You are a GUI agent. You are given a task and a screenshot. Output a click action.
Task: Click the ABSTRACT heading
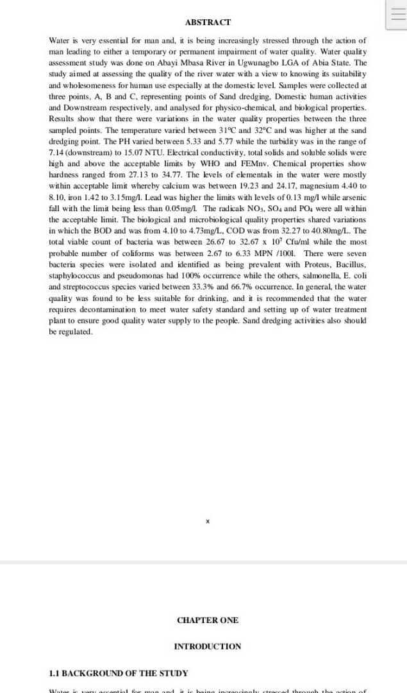pyautogui.click(x=208, y=22)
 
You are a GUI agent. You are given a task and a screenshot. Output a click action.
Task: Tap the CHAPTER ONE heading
pyautogui.click(x=208, y=620)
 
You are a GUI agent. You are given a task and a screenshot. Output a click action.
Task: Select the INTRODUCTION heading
pyautogui.click(x=208, y=646)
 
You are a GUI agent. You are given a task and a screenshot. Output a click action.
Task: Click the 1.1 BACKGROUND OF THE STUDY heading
pyautogui.click(x=119, y=673)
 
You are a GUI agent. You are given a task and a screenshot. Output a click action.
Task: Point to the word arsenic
pyautogui.click(x=354, y=197)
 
